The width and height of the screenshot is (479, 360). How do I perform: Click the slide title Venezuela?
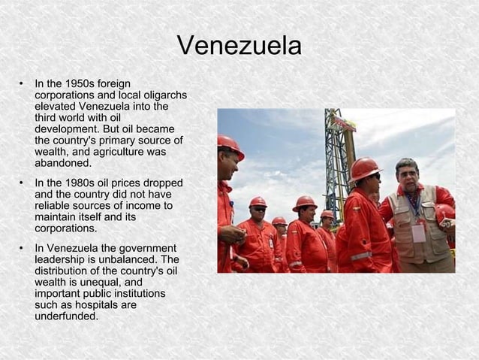(239, 46)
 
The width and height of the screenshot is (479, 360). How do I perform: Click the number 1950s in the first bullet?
(80, 83)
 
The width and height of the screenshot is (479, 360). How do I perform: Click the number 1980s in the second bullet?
(80, 183)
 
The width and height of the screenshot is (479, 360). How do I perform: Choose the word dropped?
(163, 183)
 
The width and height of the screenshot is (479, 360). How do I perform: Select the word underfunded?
(66, 316)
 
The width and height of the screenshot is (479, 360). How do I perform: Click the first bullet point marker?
(23, 83)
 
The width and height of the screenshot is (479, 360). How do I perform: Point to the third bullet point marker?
(23, 248)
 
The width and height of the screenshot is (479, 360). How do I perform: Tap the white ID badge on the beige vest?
(418, 232)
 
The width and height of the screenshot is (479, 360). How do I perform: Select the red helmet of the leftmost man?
(229, 145)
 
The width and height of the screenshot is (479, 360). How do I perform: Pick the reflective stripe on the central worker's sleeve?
(361, 256)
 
